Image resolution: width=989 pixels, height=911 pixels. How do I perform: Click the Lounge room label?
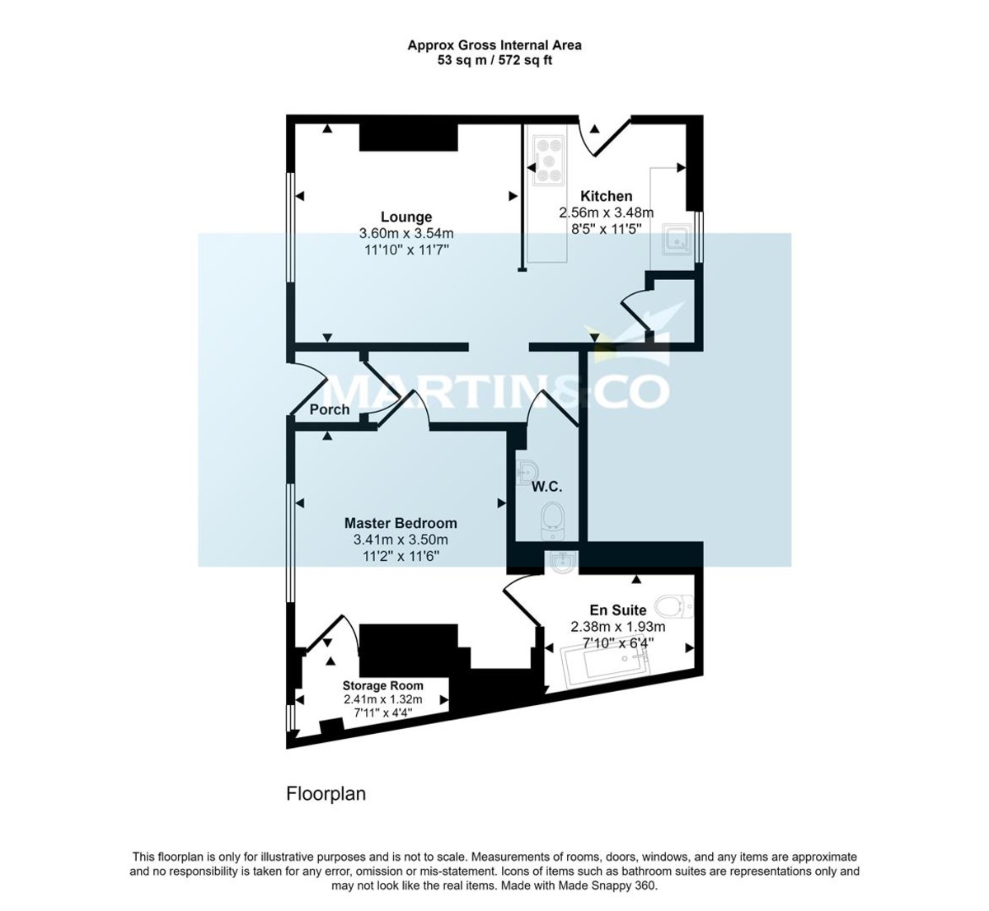point(406,217)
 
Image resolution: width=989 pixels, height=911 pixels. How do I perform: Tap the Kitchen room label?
point(607,196)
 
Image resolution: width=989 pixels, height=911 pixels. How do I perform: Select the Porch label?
point(329,409)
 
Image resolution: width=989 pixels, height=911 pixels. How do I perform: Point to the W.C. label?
point(546,487)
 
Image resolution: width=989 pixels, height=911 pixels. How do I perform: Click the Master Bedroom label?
point(401,523)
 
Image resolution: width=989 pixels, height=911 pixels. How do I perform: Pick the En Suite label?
point(617,610)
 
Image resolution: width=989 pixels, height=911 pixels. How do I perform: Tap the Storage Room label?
point(382,685)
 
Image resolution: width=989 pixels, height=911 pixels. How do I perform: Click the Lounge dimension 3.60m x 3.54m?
point(406,233)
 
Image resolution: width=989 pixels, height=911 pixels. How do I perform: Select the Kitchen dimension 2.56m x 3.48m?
point(607,213)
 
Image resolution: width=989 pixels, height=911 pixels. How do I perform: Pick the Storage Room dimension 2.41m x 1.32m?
point(382,699)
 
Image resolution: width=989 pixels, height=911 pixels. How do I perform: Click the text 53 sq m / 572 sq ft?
point(494,61)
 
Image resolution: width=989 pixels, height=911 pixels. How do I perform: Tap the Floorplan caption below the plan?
point(326,794)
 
